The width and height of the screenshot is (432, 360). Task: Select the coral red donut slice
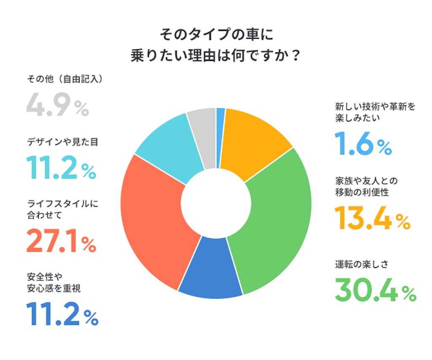pyautogui.click(x=152, y=219)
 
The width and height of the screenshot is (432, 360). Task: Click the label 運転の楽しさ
pyautogui.click(x=362, y=265)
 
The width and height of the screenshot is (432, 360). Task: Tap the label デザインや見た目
pyautogui.click(x=62, y=143)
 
